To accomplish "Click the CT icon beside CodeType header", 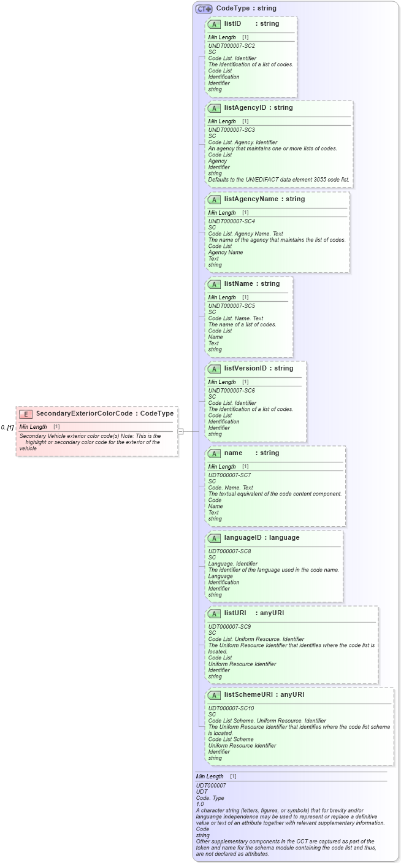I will pos(204,9).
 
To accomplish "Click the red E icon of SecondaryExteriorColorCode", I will pos(26,414).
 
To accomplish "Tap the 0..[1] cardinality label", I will pos(7,427).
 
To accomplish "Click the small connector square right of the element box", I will pos(180,431).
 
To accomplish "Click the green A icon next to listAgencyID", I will pos(214,108).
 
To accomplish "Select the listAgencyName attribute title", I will pos(256,199).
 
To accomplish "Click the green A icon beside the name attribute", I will pos(214,453).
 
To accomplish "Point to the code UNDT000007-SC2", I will pos(231,46).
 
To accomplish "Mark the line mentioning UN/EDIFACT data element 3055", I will pos(279,180).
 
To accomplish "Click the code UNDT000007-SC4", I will pos(231,221).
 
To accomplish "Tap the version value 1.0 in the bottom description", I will pos(200,804).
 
